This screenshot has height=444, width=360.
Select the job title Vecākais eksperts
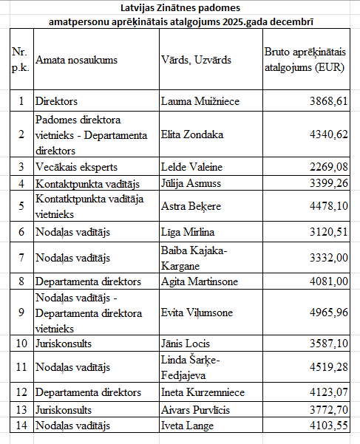tap(76, 166)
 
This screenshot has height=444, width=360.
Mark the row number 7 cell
tap(21, 257)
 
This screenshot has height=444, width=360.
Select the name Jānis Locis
tap(186, 343)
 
